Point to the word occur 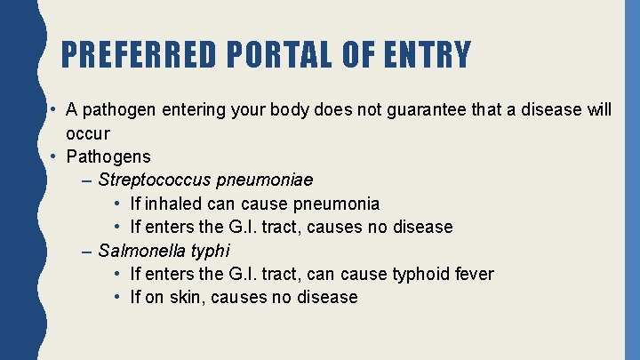click(87, 133)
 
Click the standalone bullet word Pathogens click(108, 157)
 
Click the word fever click(473, 274)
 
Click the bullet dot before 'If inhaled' click(118, 204)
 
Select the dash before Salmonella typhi click(85, 251)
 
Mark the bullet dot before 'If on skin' click(118, 297)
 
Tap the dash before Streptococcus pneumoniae click(85, 180)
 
